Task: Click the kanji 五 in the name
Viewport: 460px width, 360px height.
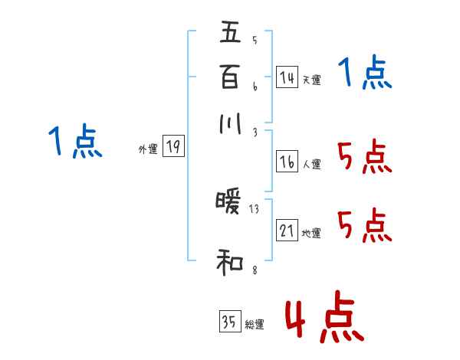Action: point(230,33)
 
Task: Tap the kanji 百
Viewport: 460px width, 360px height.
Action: point(230,77)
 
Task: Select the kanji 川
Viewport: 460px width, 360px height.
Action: point(230,123)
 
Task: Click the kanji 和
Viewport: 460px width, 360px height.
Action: point(230,264)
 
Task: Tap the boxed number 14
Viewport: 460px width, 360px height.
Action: point(287,77)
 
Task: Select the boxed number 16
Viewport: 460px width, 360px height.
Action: point(287,162)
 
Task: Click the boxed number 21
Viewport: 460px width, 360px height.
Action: point(287,231)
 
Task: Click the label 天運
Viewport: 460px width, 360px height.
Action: point(311,80)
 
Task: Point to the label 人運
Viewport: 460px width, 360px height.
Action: point(311,164)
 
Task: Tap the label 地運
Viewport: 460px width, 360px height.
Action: point(311,233)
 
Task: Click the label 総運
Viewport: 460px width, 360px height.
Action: point(255,325)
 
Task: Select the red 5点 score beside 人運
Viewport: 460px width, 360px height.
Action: point(365,159)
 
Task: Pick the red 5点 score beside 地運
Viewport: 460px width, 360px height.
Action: point(365,226)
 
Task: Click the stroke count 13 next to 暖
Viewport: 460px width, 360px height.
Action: point(255,208)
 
